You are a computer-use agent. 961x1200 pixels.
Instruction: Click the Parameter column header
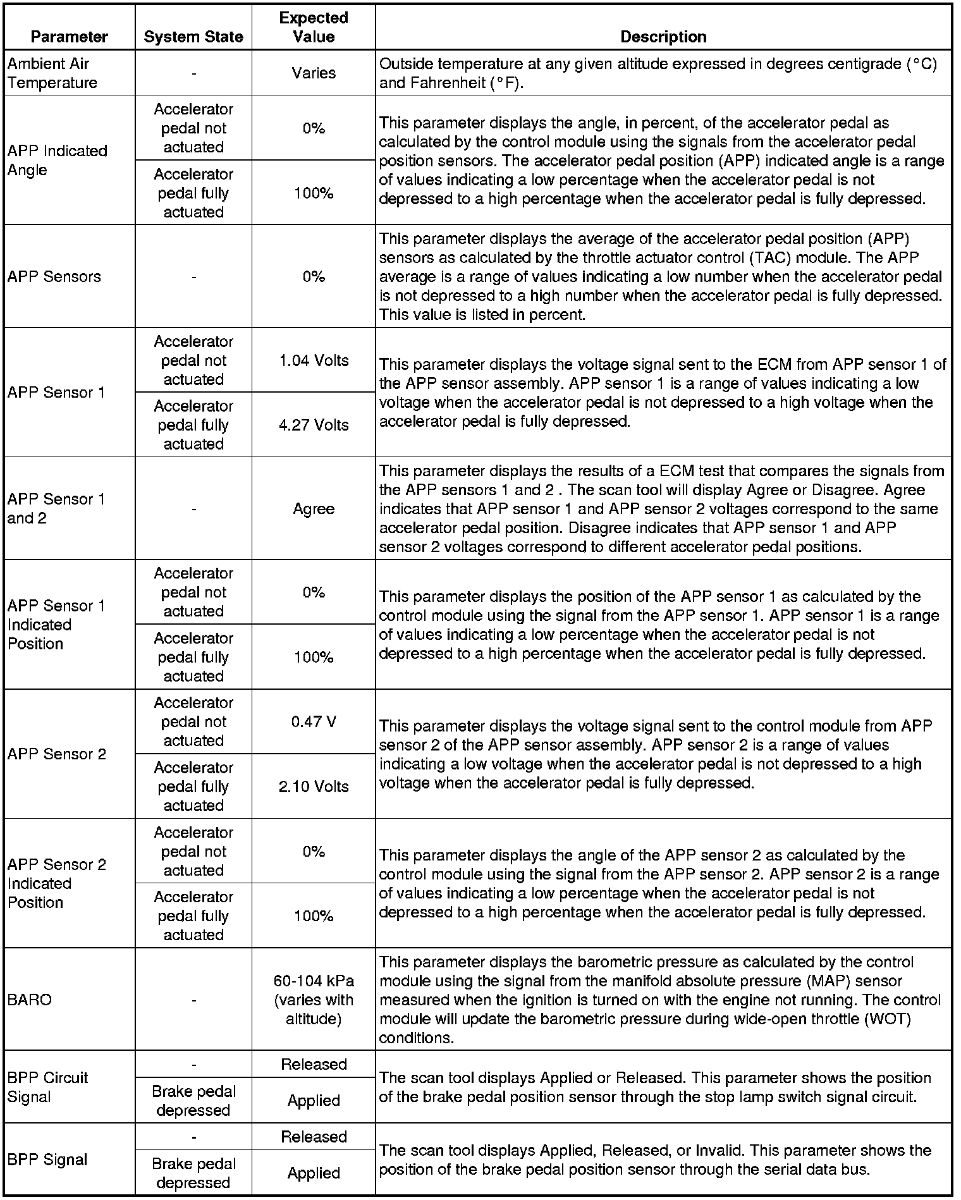coord(69,37)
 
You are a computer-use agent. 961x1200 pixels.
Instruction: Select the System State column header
coord(193,37)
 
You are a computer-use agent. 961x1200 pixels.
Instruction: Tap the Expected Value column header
coord(314,27)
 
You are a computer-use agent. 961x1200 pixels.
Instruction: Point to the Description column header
coord(663,37)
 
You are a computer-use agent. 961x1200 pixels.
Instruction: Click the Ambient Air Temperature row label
coord(52,73)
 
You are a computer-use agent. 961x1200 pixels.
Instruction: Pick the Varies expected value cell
coord(314,73)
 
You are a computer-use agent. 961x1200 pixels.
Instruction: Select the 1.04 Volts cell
coord(314,360)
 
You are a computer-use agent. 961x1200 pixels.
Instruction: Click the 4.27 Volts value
coord(314,425)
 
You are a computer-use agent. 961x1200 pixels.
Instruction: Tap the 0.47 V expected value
coord(314,722)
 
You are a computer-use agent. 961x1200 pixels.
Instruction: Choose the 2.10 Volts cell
coord(314,787)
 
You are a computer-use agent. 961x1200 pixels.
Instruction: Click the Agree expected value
coord(314,509)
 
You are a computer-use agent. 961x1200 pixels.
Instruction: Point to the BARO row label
coord(30,1000)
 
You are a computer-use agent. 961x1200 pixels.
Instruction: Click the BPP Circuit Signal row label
coord(48,1087)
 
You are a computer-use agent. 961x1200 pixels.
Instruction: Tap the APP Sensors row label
coord(54,276)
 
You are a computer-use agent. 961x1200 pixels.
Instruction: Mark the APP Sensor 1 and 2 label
coord(56,509)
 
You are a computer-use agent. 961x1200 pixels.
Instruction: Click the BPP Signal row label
coord(47,1160)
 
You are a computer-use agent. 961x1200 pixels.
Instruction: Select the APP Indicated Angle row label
coord(58,161)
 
